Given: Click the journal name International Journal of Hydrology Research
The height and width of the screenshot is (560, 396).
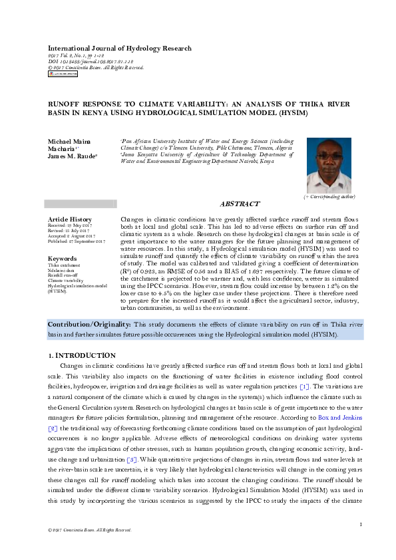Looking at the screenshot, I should click(119, 49).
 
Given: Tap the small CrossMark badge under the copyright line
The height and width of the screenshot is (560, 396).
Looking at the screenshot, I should click(63, 74).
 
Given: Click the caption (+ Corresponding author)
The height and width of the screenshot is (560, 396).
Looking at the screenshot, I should click(329, 197).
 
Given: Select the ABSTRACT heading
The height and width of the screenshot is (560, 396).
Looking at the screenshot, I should click(240, 204).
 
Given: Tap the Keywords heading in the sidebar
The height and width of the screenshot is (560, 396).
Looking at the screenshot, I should click(62, 259).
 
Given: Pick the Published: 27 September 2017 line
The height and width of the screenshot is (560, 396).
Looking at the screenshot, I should click(77, 241).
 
